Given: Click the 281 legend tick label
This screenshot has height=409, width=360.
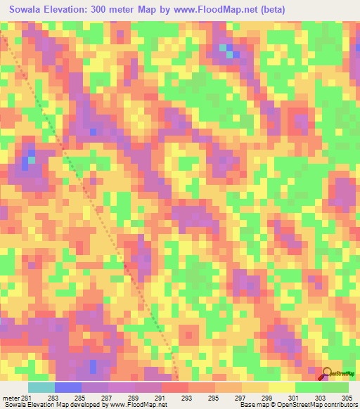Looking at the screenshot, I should click(x=27, y=398).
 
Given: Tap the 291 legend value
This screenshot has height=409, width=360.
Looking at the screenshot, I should click(x=160, y=398).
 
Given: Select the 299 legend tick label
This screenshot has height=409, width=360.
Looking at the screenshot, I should click(x=267, y=398).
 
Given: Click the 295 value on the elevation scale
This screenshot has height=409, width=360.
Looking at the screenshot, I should click(x=214, y=398).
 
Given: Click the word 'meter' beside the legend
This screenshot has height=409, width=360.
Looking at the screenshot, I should click(x=11, y=398).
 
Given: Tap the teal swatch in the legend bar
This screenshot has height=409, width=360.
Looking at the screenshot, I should click(x=41, y=387).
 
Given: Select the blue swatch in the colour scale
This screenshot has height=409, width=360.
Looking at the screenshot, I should click(x=67, y=387).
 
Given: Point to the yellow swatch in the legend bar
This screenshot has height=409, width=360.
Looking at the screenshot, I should click(x=281, y=387).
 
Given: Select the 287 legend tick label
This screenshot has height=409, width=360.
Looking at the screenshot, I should click(x=108, y=398).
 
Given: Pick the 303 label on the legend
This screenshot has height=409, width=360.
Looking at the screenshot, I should click(x=321, y=398).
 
